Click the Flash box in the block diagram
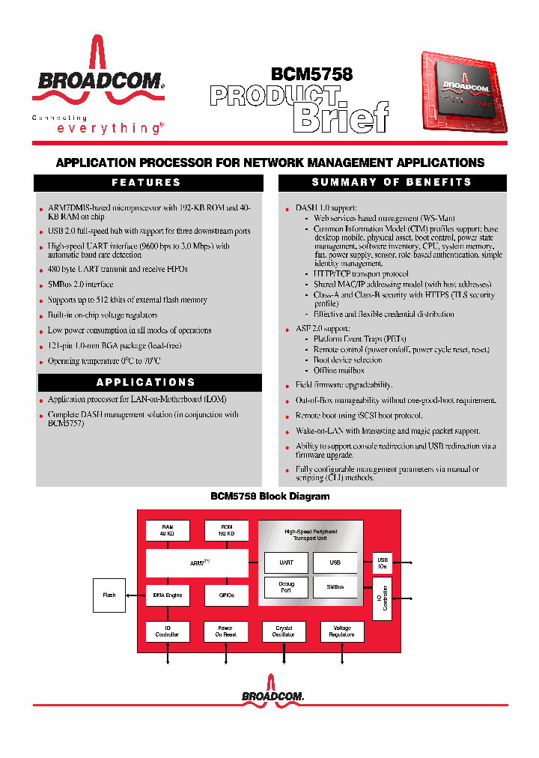point(109,595)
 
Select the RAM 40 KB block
point(167,531)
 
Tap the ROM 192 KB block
point(226,531)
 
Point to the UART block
point(286,562)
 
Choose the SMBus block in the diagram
point(335,587)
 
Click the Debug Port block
point(286,587)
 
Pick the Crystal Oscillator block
point(284,631)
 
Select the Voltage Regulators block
point(342,631)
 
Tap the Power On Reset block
point(226,631)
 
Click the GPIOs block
point(226,595)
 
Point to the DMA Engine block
point(167,595)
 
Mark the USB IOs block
point(383,563)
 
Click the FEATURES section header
point(147,182)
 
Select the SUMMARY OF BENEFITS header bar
point(392,182)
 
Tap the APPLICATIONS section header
point(147,382)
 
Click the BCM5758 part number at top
point(311,74)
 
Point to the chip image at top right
point(463,94)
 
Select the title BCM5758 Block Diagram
point(269,496)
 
